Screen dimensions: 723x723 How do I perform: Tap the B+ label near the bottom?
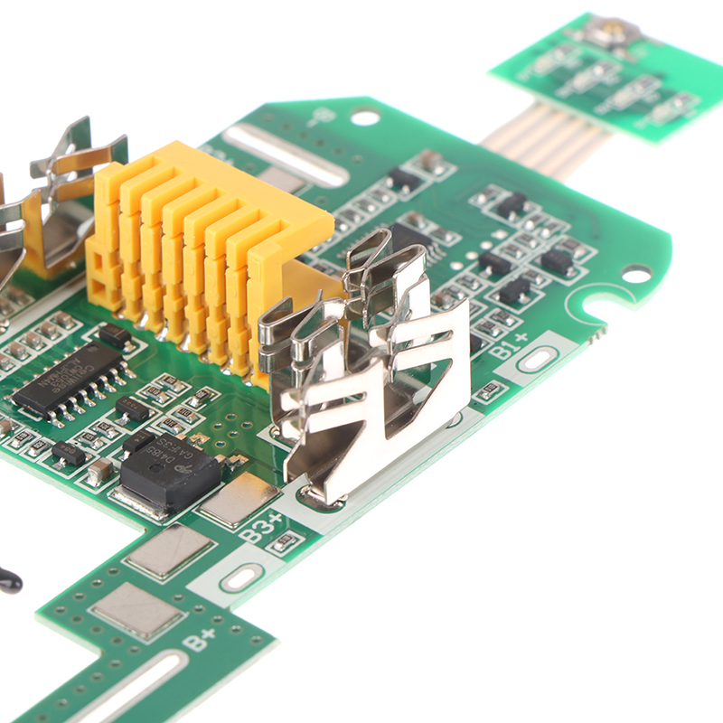[200, 640]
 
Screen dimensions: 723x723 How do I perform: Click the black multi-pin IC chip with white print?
[69, 377]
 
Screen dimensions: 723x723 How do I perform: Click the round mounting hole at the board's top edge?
[365, 117]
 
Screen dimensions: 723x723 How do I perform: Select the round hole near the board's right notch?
[635, 274]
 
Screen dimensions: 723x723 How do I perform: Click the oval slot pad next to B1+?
[537, 360]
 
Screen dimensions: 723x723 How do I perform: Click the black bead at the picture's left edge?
[8, 580]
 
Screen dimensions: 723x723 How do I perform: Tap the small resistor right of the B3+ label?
[287, 541]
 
